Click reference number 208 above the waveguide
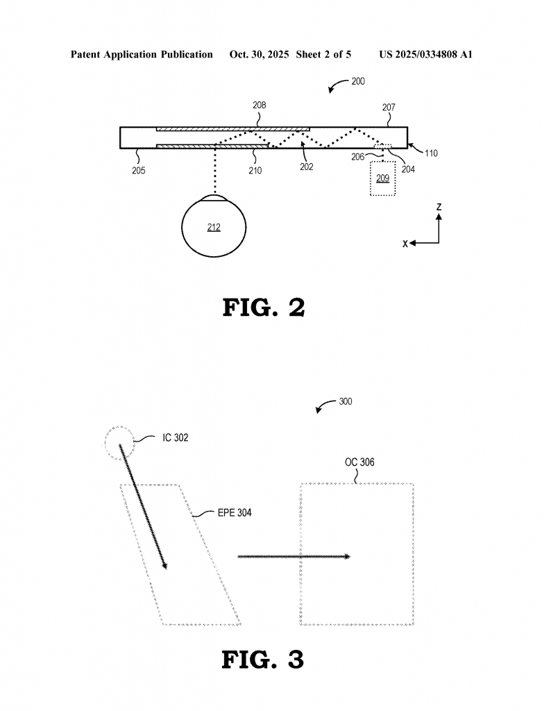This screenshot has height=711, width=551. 259,106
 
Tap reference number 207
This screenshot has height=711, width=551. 389,108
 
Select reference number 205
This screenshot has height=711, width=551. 139,171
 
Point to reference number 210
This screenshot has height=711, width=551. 255,171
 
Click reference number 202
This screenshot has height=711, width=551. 307,167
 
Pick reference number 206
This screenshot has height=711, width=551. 358,156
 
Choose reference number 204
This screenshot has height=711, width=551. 408,169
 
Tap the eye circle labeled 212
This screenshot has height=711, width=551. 182,227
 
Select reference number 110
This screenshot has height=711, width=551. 431,153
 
